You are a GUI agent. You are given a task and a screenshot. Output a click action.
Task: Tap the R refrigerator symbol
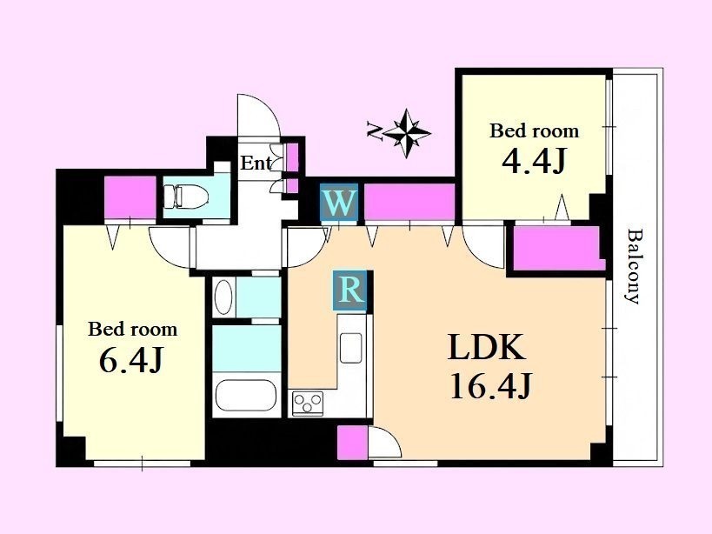coord(349,290)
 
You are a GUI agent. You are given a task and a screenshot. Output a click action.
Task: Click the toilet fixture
coord(186,197)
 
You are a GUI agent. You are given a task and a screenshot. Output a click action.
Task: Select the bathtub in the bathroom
coord(246,395)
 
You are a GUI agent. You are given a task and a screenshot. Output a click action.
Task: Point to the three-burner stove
coord(308,403)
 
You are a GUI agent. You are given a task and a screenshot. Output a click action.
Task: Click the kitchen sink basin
coord(351,348)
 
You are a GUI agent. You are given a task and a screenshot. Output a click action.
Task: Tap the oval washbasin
coord(223,297)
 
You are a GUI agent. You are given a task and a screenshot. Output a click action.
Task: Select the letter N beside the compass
coord(374,130)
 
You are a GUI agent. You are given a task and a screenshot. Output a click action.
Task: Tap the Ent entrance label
coord(256,163)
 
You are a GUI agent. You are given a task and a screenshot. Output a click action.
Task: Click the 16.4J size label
coord(490,385)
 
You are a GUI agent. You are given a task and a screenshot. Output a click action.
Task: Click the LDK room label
coord(487,347)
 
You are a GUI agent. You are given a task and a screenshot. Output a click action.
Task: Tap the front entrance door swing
coord(259,115)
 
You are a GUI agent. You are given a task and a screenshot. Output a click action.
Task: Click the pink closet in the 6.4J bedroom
coord(130,197)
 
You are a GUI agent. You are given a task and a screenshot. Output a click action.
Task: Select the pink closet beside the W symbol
coord(409,202)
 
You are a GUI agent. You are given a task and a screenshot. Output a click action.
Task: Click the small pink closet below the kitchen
coord(352,443)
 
